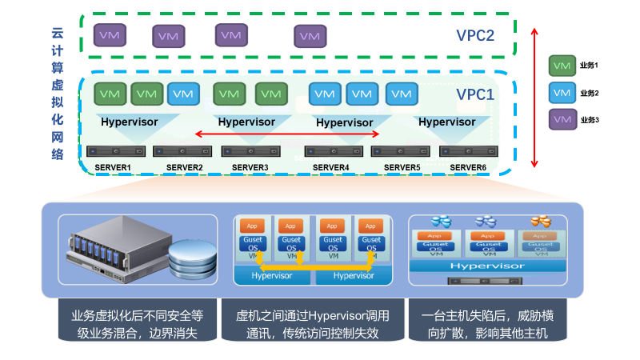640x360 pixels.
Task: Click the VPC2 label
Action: click(475, 35)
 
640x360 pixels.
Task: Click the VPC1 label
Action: click(475, 94)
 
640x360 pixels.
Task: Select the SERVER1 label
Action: click(113, 166)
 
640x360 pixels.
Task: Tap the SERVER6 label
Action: click(468, 166)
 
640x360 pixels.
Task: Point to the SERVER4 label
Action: click(331, 166)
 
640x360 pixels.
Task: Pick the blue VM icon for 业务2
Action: click(562, 92)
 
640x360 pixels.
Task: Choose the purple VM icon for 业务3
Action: click(562, 119)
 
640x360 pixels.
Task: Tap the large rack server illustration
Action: click(120, 244)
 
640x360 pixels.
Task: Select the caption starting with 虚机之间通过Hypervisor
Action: click(313, 323)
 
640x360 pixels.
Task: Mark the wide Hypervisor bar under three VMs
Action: click(487, 265)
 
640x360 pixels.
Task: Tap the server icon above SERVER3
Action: click(245, 151)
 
